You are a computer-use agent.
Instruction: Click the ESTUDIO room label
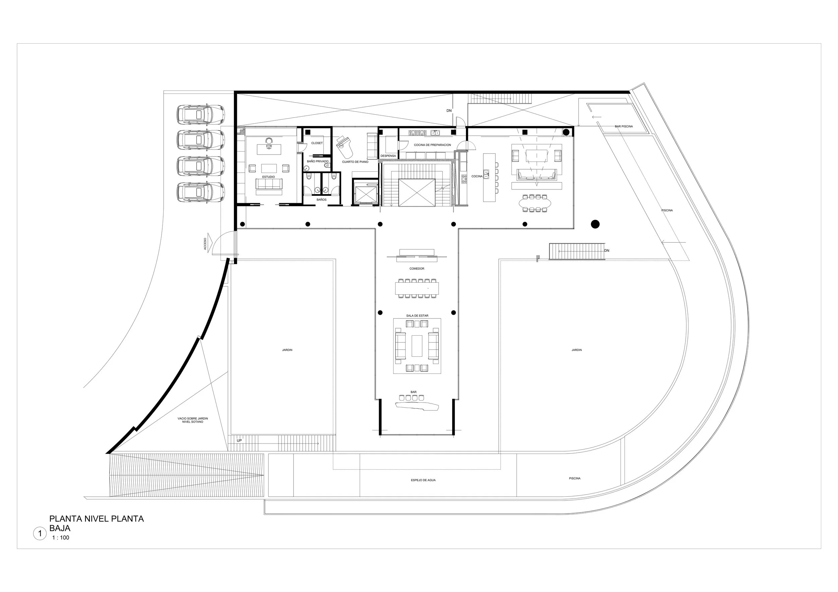point(268,177)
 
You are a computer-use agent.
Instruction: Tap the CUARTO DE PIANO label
point(355,162)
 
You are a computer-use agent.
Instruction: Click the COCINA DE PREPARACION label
point(432,145)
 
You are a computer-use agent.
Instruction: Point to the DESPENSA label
point(388,156)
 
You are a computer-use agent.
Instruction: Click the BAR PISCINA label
point(624,126)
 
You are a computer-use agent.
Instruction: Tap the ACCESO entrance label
point(205,244)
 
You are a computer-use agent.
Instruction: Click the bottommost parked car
point(200,192)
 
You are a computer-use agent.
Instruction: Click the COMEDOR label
point(416,269)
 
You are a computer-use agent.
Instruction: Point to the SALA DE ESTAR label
point(417,316)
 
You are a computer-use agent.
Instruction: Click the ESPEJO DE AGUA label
point(423,480)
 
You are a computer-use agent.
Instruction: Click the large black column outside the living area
point(595,224)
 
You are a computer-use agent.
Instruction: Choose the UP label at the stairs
point(239,440)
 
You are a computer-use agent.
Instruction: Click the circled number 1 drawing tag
point(40,534)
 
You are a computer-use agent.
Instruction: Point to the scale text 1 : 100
point(61,538)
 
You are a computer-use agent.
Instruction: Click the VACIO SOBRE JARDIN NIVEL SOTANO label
point(193,420)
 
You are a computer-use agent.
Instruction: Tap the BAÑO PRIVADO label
point(317,161)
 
